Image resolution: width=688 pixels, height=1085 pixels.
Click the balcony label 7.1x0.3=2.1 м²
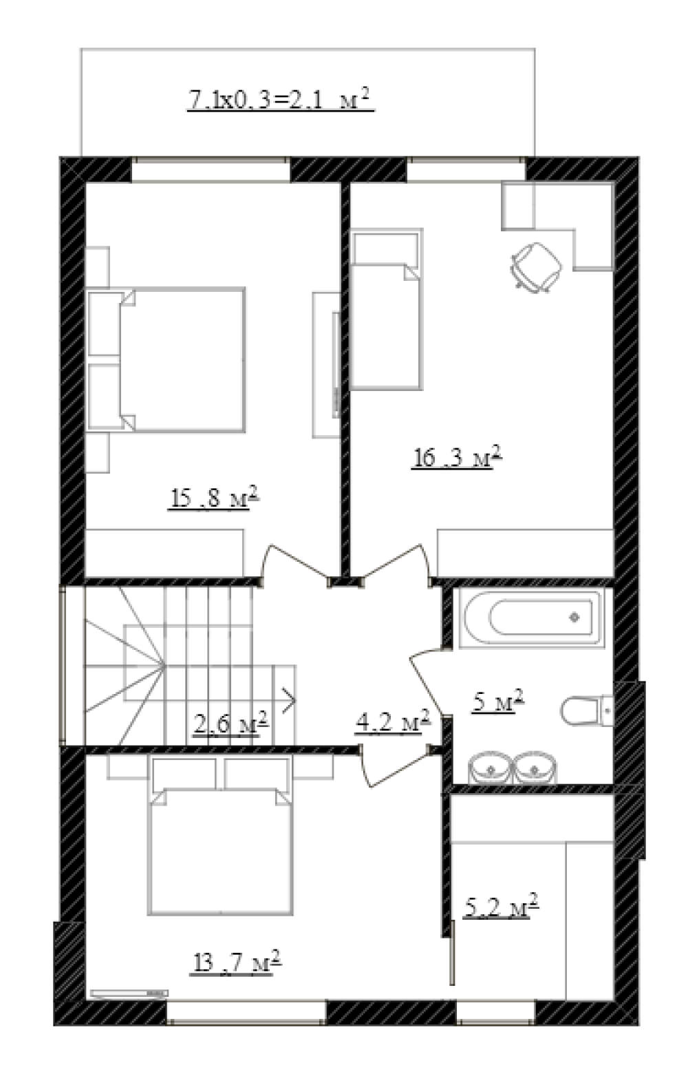pyautogui.click(x=280, y=100)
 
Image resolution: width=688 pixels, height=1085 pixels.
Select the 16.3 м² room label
pyautogui.click(x=457, y=456)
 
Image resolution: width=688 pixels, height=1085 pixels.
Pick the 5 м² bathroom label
pyautogui.click(x=497, y=702)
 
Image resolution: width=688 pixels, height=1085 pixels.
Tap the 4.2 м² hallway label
pyautogui.click(x=393, y=722)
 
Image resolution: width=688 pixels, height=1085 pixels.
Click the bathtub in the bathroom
pyautogui.click(x=531, y=617)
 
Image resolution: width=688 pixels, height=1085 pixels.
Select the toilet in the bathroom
pyautogui.click(x=586, y=710)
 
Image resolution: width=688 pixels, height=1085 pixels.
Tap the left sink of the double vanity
pyautogui.click(x=490, y=768)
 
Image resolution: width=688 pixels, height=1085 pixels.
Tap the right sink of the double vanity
pyautogui.click(x=535, y=768)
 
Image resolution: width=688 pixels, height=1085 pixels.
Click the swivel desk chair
pyautogui.click(x=535, y=267)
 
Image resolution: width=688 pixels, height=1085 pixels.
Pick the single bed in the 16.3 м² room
pyautogui.click(x=386, y=309)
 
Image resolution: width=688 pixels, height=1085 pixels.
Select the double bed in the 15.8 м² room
pyautogui.click(x=166, y=359)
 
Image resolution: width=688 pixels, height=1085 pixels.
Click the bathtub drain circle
pyautogui.click(x=574, y=617)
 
